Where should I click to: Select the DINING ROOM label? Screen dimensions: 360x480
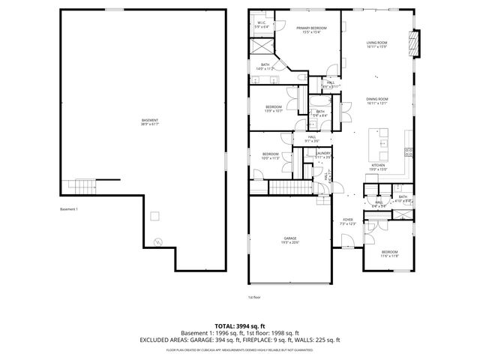pos(376,100)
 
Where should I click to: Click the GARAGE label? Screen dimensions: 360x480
pos(290,239)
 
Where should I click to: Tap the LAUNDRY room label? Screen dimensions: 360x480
pos(323,154)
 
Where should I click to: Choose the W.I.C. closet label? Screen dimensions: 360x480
pos(262,24)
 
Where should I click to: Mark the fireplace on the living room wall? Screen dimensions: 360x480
pos(415,43)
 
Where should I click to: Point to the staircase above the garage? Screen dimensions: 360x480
pos(288,187)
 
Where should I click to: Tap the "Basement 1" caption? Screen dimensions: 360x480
pos(69,209)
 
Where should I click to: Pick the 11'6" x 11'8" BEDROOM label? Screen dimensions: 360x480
pos(390,253)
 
